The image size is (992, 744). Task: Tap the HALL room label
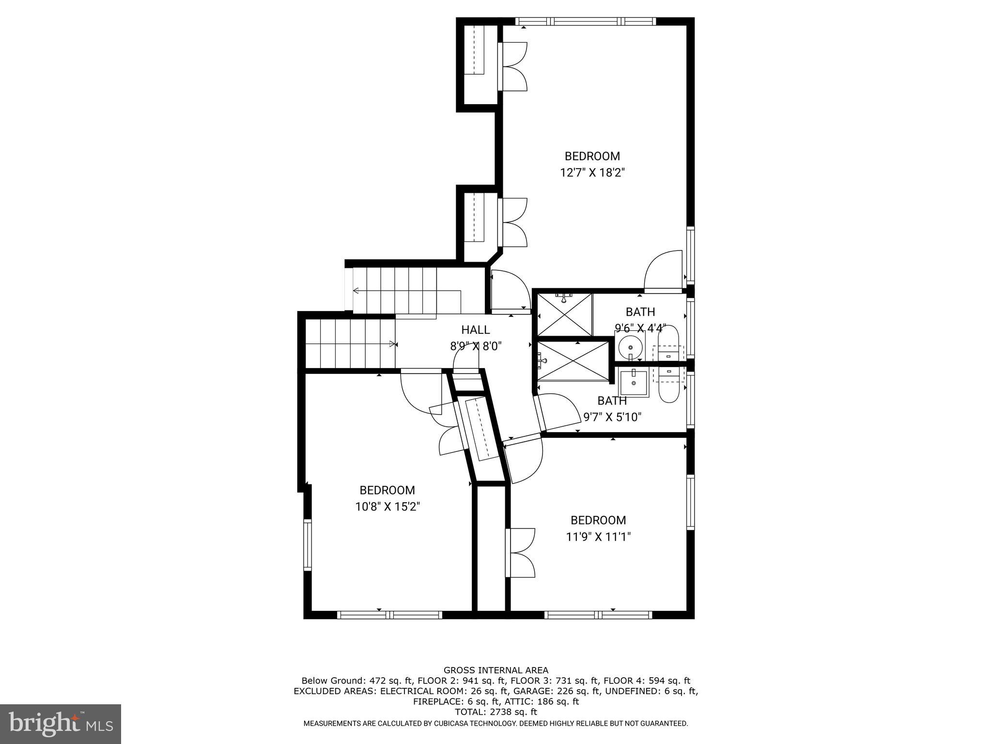point(475,330)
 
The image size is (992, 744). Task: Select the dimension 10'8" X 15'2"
point(387,507)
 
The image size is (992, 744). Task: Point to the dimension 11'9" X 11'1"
point(598,537)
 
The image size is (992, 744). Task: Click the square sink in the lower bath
point(634,383)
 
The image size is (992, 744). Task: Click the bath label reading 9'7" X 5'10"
point(612,417)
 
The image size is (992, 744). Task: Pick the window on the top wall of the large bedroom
point(585,21)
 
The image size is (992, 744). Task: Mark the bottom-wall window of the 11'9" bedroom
point(599,615)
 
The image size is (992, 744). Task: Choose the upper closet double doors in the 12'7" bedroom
point(512,66)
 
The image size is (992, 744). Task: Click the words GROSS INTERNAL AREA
point(496,670)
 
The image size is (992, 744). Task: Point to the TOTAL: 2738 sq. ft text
point(496,712)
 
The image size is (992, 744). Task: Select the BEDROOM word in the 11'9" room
point(598,520)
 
